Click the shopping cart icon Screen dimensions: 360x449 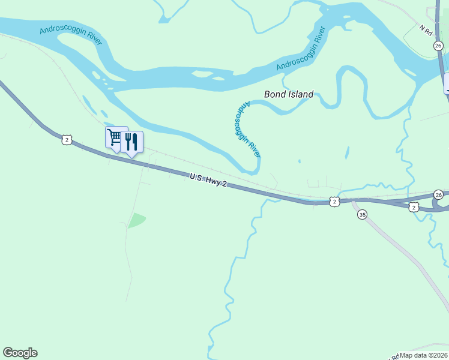(x=114, y=137)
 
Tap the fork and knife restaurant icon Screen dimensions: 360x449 (x=132, y=142)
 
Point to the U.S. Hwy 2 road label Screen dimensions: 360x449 (x=208, y=180)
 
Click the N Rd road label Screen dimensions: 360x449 (x=426, y=31)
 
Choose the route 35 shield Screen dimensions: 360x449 (x=362, y=214)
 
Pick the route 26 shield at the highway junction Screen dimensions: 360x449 (x=439, y=194)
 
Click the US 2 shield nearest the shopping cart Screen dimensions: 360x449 (x=66, y=139)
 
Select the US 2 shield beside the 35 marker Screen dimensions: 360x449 (x=334, y=202)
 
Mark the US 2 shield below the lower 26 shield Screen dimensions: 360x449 (x=414, y=206)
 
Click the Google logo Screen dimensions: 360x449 (x=20, y=353)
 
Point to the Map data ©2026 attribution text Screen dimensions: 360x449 (x=424, y=355)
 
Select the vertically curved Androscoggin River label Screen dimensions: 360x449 (x=247, y=128)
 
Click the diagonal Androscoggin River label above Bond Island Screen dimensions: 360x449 (x=301, y=48)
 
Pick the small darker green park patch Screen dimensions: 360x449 (x=137, y=220)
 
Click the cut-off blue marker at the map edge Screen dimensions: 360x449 (x=447, y=83)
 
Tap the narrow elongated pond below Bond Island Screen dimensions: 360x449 (x=346, y=154)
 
